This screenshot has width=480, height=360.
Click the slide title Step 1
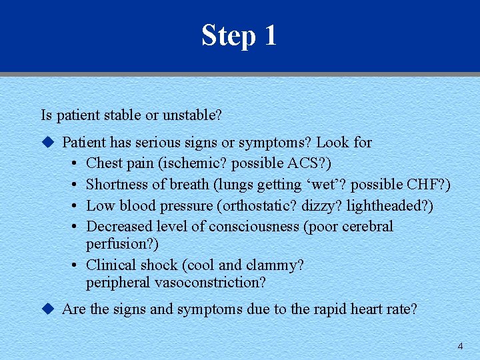point(239,35)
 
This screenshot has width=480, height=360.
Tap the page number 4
point(460,346)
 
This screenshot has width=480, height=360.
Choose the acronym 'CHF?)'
point(429,185)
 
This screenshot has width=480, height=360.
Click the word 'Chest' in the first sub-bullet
point(104,163)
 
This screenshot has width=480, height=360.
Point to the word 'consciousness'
point(254,227)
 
